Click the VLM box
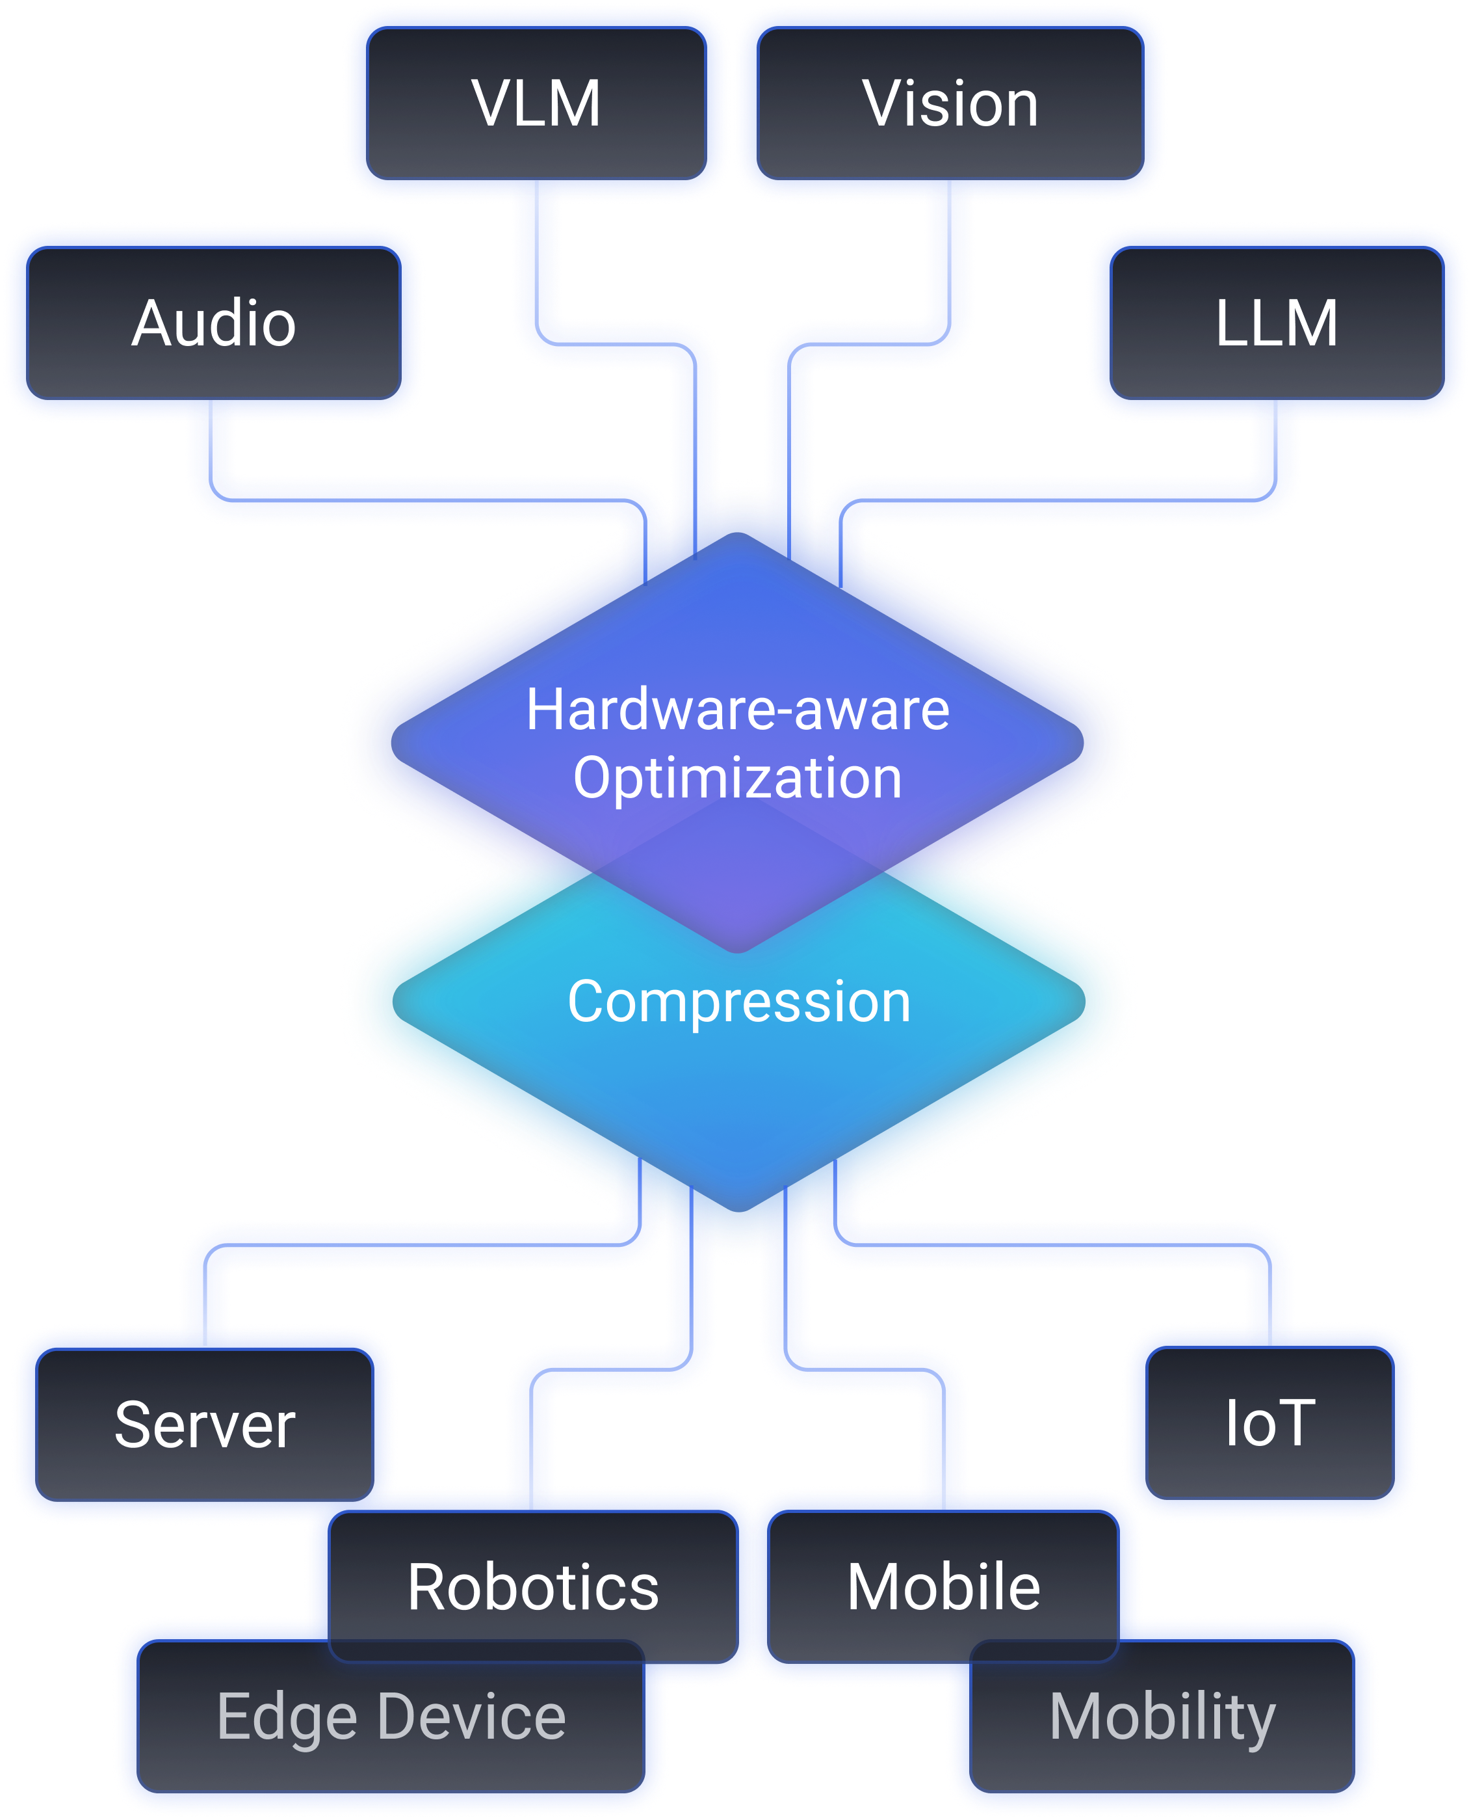tap(536, 104)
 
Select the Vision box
tap(950, 104)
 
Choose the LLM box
tap(1276, 324)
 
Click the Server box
tap(205, 1425)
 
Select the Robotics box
tap(533, 1587)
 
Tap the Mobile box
tap(943, 1587)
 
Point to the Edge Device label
tap(391, 1717)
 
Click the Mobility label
tap(1162, 1717)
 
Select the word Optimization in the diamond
tap(737, 778)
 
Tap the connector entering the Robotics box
tap(531, 1432)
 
